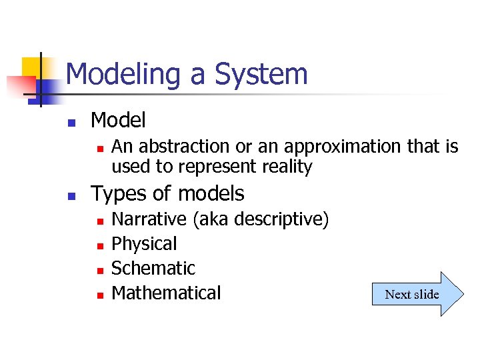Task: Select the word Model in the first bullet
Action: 118,121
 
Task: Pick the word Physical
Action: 144,244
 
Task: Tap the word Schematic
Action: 153,269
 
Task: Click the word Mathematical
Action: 166,293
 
